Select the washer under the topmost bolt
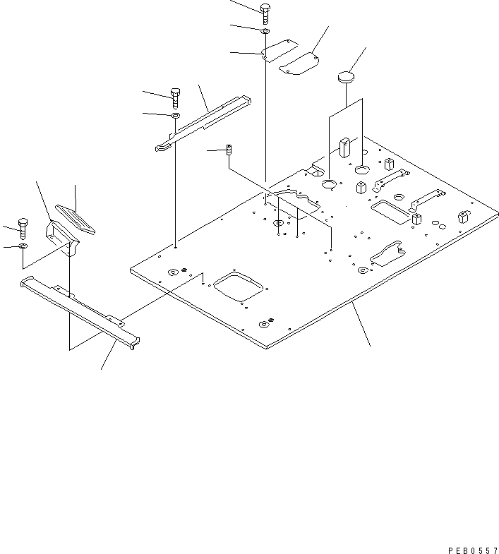[x=265, y=31]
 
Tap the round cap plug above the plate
[x=346, y=76]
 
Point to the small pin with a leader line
[x=229, y=150]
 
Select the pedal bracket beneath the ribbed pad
[x=61, y=236]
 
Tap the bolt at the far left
[x=22, y=227]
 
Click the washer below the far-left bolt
[x=23, y=246]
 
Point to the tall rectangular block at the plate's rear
[x=345, y=146]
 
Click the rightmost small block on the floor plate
[x=462, y=217]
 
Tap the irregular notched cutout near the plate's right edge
[x=384, y=254]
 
